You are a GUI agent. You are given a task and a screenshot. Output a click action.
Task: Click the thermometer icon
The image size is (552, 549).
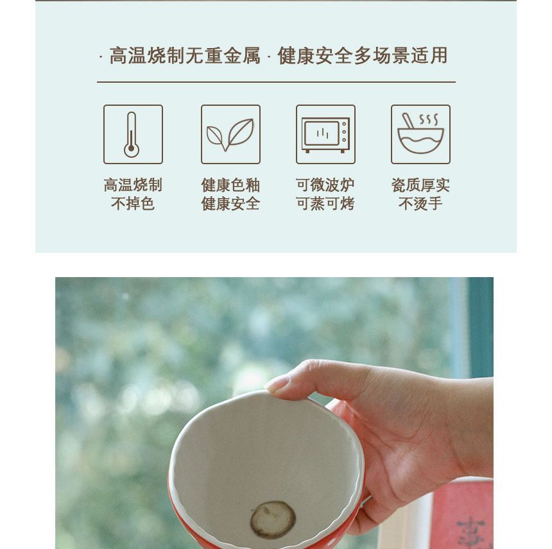click(132, 135)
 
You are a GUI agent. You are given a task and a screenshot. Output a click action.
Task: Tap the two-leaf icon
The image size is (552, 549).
click(230, 135)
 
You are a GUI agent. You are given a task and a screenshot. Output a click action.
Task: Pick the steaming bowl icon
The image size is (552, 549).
click(420, 134)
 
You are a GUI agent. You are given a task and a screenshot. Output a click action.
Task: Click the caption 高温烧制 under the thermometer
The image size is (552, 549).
click(133, 185)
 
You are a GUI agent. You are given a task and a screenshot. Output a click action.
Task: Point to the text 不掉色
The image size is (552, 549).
click(133, 204)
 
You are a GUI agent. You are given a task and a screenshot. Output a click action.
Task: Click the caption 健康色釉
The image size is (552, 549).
click(230, 185)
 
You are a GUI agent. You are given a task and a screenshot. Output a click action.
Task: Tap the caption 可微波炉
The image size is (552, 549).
click(325, 185)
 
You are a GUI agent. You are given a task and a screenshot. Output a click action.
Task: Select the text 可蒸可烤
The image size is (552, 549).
click(325, 204)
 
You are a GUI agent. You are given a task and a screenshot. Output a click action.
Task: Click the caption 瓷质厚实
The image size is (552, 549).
click(420, 185)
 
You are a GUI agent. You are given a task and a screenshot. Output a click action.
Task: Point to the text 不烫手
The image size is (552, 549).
click(420, 204)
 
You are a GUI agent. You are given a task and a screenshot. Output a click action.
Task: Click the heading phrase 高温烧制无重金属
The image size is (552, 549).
click(185, 56)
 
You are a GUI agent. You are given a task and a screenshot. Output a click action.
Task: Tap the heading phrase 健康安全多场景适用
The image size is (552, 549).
click(363, 56)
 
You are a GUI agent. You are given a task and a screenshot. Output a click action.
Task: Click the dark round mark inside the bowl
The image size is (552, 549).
click(273, 519)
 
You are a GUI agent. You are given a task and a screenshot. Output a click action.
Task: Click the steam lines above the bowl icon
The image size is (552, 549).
click(429, 119)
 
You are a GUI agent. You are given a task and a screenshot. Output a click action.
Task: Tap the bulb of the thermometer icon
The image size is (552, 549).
click(132, 149)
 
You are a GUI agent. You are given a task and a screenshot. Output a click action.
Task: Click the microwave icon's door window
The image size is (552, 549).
click(321, 133)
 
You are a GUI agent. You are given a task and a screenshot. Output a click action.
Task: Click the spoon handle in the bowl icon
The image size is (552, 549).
click(408, 121)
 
